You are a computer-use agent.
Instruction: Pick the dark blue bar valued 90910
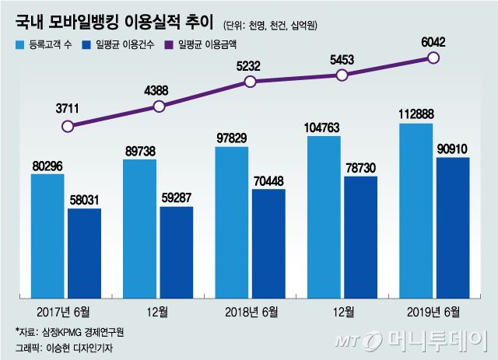coord(452,226)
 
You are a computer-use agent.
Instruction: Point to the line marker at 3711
coord(68,126)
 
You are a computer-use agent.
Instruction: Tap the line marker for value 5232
coord(250,82)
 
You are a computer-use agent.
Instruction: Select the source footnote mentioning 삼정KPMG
coord(70,331)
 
